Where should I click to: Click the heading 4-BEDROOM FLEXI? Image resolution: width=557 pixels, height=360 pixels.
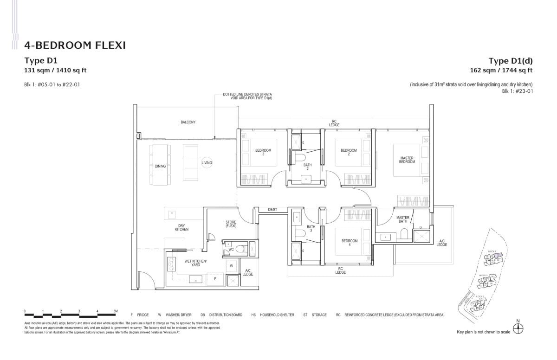click(75, 45)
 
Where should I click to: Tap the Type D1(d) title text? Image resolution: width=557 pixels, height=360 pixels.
click(510, 61)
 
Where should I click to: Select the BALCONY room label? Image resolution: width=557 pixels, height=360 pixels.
click(188, 122)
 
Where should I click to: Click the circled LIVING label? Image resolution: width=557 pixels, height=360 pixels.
click(207, 163)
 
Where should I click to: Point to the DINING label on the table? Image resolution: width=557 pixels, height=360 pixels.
click(161, 166)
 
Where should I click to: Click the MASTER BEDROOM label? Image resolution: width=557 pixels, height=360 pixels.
click(407, 160)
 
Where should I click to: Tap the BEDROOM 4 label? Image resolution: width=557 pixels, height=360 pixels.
click(349, 243)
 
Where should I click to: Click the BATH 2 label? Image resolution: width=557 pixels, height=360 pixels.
click(307, 167)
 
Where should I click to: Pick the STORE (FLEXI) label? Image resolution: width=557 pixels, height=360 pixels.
click(231, 224)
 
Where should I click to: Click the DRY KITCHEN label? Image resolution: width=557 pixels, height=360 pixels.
click(181, 227)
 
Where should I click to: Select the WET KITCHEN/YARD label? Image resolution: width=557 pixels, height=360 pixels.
click(195, 263)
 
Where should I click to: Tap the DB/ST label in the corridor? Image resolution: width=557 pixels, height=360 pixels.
click(272, 210)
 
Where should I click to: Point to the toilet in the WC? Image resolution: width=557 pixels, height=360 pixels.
click(241, 249)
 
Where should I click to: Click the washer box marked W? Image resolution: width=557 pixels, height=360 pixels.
click(231, 266)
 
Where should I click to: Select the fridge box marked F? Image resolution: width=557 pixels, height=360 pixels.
click(214, 279)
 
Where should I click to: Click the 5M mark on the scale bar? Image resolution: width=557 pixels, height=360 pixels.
click(115, 310)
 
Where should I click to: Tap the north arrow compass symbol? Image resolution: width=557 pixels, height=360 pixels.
click(518, 328)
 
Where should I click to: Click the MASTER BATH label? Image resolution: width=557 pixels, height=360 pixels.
click(402, 219)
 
